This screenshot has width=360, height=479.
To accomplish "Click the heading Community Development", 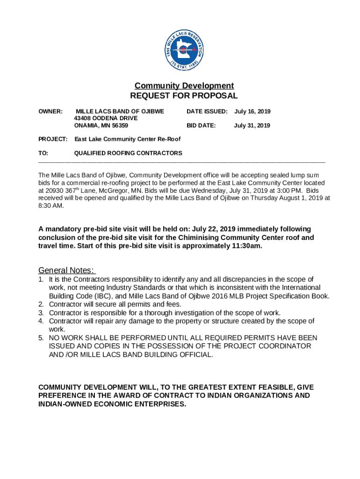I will tap(184, 86).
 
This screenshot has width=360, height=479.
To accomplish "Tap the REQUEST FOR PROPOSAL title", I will tap(184, 96).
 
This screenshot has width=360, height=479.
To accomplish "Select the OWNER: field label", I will tap(50, 112).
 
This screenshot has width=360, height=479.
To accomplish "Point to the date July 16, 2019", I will tap(252, 112).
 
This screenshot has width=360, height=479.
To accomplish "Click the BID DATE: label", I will tap(201, 126).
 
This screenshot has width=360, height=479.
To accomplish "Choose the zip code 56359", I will tap(119, 126).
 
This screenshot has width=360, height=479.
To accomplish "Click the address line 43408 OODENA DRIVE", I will tap(106, 119).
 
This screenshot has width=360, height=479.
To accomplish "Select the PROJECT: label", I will tap(53, 139).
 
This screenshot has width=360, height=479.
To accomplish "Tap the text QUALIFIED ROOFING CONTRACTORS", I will tap(129, 153).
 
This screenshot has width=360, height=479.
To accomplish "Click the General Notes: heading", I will tap(66, 270).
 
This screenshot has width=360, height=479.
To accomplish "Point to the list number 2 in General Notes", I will tap(41, 305).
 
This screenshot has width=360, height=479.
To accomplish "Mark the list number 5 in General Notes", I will tap(41, 338).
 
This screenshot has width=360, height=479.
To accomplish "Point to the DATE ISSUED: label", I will tap(207, 112).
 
